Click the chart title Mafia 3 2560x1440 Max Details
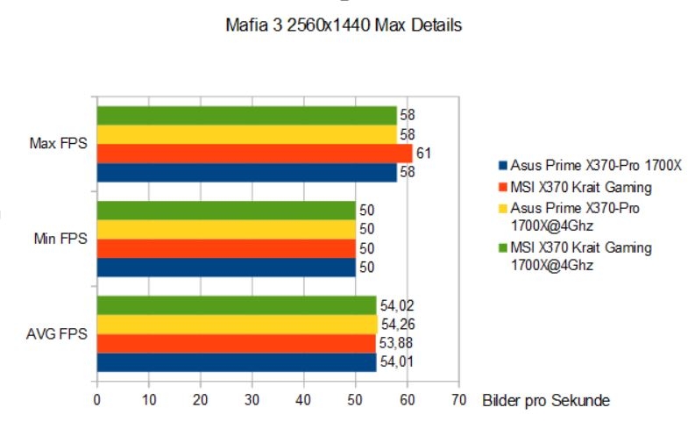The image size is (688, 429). coord(344,25)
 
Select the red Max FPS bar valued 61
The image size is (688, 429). coord(254,154)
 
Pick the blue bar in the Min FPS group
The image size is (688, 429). coord(225,268)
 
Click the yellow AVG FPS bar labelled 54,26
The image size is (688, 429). coord(237,325)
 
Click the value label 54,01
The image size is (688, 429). coord(394,362)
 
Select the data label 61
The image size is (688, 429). coord(423,154)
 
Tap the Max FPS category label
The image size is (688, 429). coord(58,143)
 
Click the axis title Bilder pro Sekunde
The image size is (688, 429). coord(545,400)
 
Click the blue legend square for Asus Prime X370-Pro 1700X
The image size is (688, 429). coord(501,165)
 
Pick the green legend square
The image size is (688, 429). coord(501,248)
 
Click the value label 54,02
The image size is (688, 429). coord(395,305)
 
